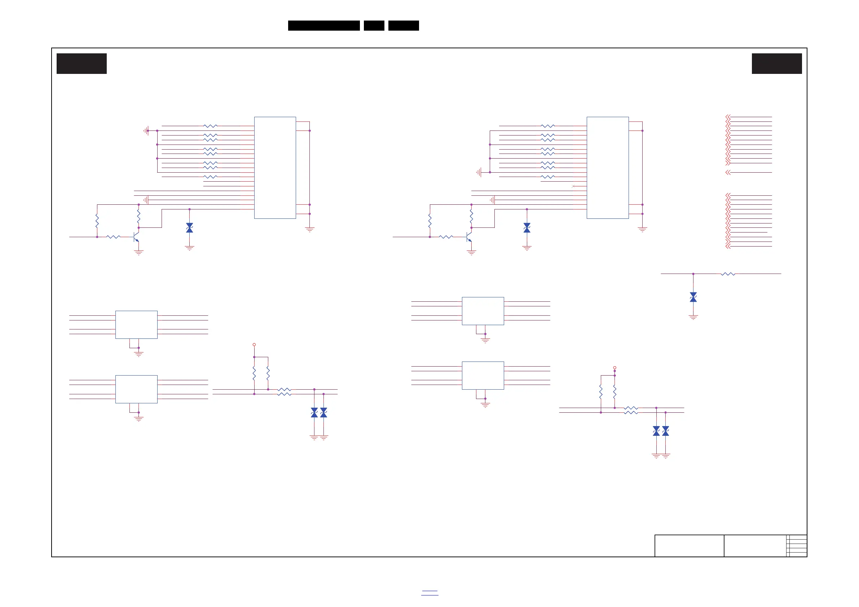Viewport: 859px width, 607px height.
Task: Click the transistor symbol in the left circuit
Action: coord(136,237)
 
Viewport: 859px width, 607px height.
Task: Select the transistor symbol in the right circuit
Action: coord(469,237)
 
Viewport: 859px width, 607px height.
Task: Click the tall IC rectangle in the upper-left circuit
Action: coord(275,168)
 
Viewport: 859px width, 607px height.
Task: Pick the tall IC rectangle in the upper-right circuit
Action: coord(608,168)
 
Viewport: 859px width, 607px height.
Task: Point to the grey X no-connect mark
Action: coord(573,186)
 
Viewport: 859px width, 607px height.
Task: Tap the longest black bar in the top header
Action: coord(323,26)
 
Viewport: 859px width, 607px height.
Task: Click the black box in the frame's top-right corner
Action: coord(777,63)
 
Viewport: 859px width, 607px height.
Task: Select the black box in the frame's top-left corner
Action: coord(82,63)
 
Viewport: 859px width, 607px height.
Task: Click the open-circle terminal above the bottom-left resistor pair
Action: coord(254,345)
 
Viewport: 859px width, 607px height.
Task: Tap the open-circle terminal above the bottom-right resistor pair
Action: coord(615,368)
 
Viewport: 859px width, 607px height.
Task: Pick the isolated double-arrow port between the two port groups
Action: coord(728,172)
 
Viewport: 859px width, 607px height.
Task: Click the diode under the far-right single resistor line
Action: coord(693,297)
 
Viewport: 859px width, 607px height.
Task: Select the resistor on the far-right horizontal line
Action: coord(728,274)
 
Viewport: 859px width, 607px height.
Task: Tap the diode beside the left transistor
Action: coord(190,228)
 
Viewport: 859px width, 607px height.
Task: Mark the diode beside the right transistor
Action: coord(527,228)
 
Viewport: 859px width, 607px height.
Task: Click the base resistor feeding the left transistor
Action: coord(113,237)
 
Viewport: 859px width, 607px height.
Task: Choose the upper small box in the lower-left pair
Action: coord(136,325)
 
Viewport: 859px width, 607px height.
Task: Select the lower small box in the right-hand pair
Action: coord(483,376)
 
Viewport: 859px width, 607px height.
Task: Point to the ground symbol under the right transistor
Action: coord(471,253)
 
